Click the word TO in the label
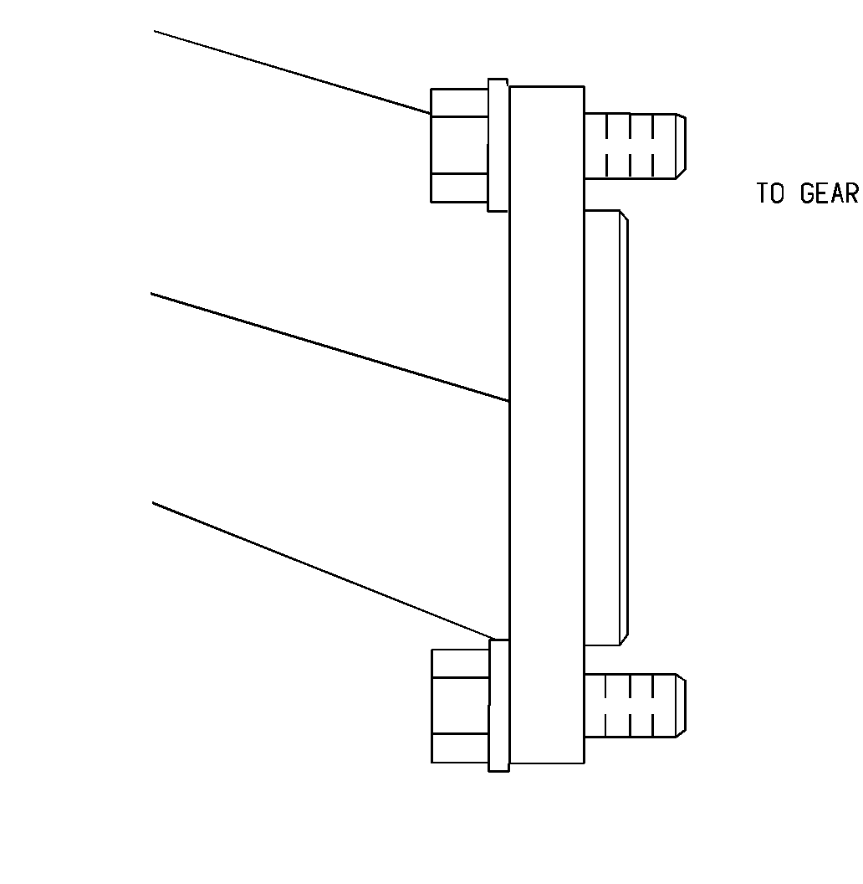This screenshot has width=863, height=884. click(770, 193)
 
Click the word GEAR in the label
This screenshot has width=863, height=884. click(830, 193)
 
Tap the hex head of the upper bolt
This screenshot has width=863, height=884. click(459, 146)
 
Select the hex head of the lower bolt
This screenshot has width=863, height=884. click(460, 706)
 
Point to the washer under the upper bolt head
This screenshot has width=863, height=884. click(498, 146)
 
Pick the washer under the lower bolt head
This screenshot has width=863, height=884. click(499, 706)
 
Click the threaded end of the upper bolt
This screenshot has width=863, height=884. click(635, 146)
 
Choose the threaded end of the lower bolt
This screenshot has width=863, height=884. click(635, 706)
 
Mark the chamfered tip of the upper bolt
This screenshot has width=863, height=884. click(681, 146)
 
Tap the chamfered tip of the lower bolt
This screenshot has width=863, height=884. click(681, 706)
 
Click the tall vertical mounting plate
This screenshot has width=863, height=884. click(547, 425)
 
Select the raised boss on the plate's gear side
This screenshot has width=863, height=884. click(606, 428)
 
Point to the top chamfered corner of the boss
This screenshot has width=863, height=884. click(624, 216)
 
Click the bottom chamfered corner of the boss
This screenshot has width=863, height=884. click(624, 640)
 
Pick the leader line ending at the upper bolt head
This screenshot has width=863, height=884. click(293, 72)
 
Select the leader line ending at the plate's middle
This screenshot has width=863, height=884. click(330, 347)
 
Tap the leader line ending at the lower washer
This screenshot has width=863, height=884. click(323, 571)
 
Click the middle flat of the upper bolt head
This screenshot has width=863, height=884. click(459, 146)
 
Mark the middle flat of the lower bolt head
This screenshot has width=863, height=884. click(460, 706)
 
